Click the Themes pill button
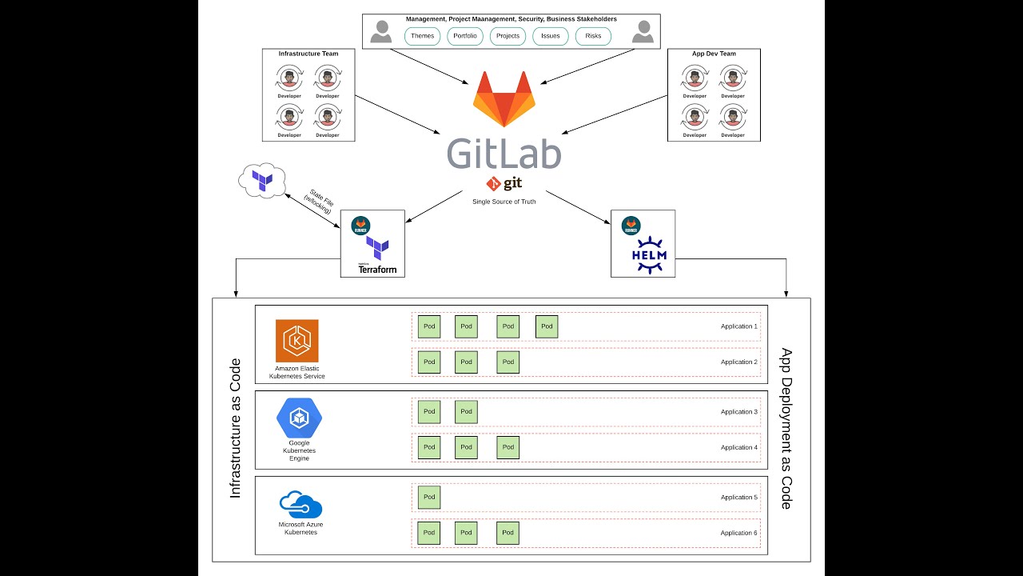pyautogui.click(x=423, y=36)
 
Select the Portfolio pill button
pyautogui.click(x=465, y=36)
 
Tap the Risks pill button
pyautogui.click(x=593, y=36)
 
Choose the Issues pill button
pyautogui.click(x=551, y=36)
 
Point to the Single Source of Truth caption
pyautogui.click(x=504, y=202)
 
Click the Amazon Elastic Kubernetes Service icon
pyautogui.click(x=297, y=341)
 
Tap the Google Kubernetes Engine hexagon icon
pyautogui.click(x=299, y=418)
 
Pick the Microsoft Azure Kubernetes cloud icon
pyautogui.click(x=301, y=506)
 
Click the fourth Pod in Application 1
pyautogui.click(x=547, y=326)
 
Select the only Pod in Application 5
pyautogui.click(x=429, y=497)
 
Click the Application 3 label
pyautogui.click(x=738, y=412)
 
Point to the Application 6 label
pyautogui.click(x=738, y=533)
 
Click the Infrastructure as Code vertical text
pyautogui.click(x=235, y=429)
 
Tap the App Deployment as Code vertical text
pyautogui.click(x=786, y=428)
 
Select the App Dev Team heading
pyautogui.click(x=714, y=54)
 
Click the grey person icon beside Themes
pyautogui.click(x=381, y=32)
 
